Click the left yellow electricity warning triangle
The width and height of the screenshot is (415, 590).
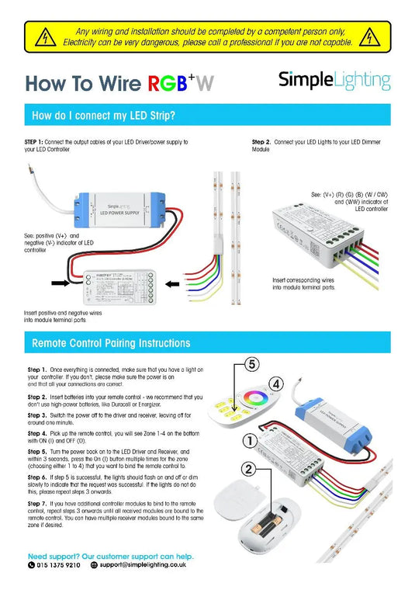47,36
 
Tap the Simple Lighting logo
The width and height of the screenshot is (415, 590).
334,81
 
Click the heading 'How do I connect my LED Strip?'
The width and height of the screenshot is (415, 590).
102,116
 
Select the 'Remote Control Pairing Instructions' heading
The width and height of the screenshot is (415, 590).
110,342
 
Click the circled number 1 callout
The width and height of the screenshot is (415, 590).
247,439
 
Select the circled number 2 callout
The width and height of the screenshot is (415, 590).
247,470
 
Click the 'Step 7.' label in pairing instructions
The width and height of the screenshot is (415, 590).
38,505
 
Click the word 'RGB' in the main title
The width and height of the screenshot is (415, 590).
168,84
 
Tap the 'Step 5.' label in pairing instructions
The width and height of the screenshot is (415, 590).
38,451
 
